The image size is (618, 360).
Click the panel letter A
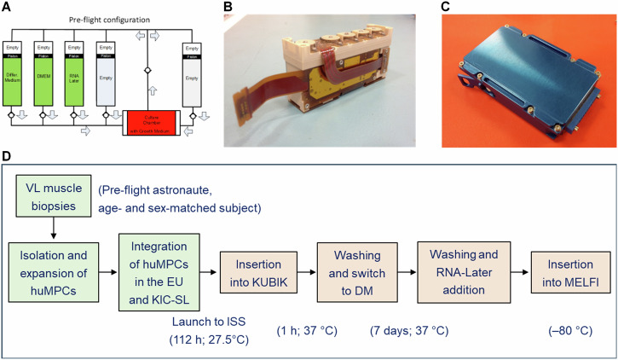(10, 9)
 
